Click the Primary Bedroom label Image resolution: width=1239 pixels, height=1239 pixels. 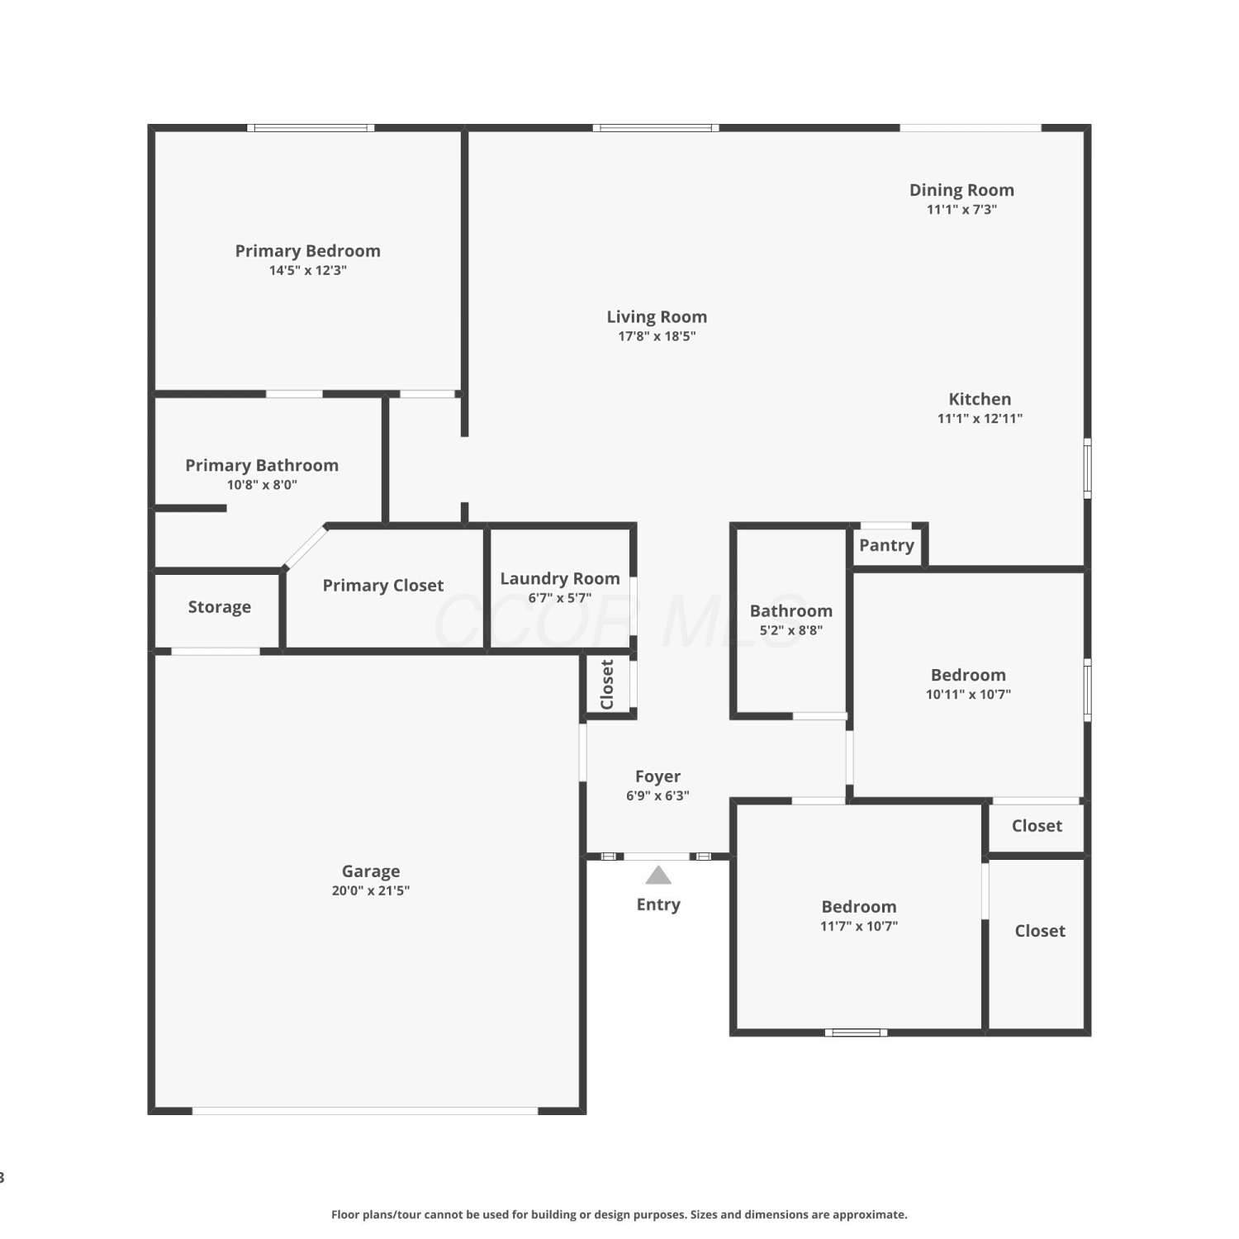pyautogui.click(x=307, y=251)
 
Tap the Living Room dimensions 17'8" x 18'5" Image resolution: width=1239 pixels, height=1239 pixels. pyautogui.click(x=657, y=336)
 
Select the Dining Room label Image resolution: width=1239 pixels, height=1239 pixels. pyautogui.click(x=961, y=190)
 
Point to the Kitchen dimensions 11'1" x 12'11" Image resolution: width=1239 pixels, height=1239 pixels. pyautogui.click(x=980, y=419)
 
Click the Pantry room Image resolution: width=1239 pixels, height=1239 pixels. pyautogui.click(x=886, y=546)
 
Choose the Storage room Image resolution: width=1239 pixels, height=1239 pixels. pyautogui.click(x=218, y=610)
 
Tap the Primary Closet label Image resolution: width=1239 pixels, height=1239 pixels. pyautogui.click(x=382, y=586)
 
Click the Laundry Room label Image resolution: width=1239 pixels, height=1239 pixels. pyautogui.click(x=559, y=579)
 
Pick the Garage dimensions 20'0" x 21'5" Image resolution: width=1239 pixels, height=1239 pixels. pyautogui.click(x=371, y=890)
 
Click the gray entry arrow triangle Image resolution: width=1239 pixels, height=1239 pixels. pyautogui.click(x=658, y=876)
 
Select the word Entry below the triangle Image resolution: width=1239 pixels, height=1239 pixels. pyautogui.click(x=658, y=904)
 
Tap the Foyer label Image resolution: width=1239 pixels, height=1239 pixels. pyautogui.click(x=657, y=776)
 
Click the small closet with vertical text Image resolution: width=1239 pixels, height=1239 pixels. pyautogui.click(x=608, y=684)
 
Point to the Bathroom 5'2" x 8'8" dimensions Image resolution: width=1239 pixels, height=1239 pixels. pyautogui.click(x=791, y=630)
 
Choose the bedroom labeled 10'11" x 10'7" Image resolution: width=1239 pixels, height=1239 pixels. pyautogui.click(x=968, y=685)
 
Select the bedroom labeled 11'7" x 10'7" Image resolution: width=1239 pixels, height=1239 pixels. pyautogui.click(x=859, y=917)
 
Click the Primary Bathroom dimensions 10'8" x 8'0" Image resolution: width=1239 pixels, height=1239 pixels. pyautogui.click(x=262, y=485)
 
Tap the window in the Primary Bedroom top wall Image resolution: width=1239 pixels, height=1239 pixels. pyautogui.click(x=311, y=128)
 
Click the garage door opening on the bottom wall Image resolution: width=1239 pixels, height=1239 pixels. pyautogui.click(x=365, y=1111)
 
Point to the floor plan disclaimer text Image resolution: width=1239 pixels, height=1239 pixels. pyautogui.click(x=619, y=1214)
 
